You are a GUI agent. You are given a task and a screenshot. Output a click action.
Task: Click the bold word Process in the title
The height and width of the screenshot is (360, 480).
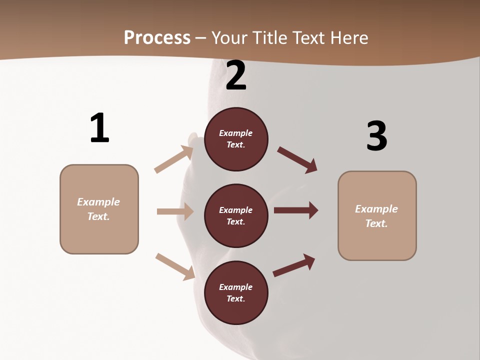pos(157,37)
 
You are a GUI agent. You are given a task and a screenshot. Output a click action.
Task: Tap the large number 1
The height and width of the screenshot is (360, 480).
pos(99,128)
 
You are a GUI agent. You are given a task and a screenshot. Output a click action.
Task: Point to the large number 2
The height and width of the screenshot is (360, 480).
pos(236,76)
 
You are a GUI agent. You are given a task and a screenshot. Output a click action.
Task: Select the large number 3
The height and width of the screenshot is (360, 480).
pos(376,136)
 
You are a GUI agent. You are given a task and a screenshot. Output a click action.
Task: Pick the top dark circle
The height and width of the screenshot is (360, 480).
pos(236,139)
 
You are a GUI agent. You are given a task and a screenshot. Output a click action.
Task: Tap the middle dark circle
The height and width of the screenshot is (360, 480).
pos(236,215)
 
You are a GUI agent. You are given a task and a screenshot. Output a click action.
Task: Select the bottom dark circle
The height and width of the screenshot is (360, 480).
pos(236,292)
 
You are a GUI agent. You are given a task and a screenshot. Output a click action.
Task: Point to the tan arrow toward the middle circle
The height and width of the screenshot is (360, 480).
pos(175,211)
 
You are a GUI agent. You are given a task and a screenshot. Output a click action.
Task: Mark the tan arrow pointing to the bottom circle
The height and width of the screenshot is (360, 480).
pos(175,266)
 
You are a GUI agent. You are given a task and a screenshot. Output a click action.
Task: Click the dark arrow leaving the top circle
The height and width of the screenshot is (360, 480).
pos(297,159)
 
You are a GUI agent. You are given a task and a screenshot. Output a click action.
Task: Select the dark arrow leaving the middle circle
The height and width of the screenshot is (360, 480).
pos(296,210)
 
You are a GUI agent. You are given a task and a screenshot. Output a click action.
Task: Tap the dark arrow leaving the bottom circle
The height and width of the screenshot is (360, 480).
pos(294,265)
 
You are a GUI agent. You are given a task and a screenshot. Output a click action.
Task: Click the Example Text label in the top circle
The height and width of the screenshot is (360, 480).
pos(236,139)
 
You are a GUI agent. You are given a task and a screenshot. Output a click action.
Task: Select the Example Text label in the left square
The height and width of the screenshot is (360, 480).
pos(98,209)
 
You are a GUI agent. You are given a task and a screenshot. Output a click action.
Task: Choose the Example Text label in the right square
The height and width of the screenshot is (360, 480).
pos(376,216)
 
